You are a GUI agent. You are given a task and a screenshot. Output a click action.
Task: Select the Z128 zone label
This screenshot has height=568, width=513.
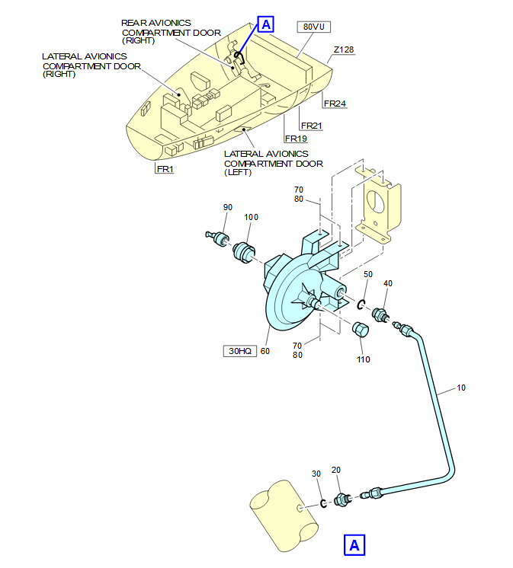coord(344,49)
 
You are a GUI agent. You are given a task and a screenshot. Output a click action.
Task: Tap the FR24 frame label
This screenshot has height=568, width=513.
coord(335,104)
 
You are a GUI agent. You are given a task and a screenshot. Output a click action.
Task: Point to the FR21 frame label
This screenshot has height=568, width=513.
coord(313,126)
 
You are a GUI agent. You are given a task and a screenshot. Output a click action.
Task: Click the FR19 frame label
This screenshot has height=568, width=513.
coord(295,139)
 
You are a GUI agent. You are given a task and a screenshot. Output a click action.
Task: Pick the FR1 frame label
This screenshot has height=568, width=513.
coord(165,169)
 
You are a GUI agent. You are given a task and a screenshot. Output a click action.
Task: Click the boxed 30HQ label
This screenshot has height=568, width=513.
coord(239,351)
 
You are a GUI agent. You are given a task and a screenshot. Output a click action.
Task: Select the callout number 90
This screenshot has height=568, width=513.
coord(227,207)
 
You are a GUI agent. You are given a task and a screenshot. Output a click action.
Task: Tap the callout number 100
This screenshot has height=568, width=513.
coord(251,217)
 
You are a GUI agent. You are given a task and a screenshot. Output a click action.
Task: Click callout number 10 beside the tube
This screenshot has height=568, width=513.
coord(461,388)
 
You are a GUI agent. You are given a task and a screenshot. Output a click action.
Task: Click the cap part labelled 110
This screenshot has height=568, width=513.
coord(360,332)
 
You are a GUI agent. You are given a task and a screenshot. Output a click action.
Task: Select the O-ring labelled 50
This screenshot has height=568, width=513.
coord(361,306)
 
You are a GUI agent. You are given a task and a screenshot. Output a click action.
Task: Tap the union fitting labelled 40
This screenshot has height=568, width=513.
coord(380,314)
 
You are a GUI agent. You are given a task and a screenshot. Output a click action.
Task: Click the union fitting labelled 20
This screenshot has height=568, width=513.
coord(341,499)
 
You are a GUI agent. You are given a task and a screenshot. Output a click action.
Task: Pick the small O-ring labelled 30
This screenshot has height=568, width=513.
coord(324,503)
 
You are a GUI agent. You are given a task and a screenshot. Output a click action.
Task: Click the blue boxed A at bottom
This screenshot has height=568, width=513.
coord(354,545)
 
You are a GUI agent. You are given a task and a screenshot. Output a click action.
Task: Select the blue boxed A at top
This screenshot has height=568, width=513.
coord(265,24)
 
